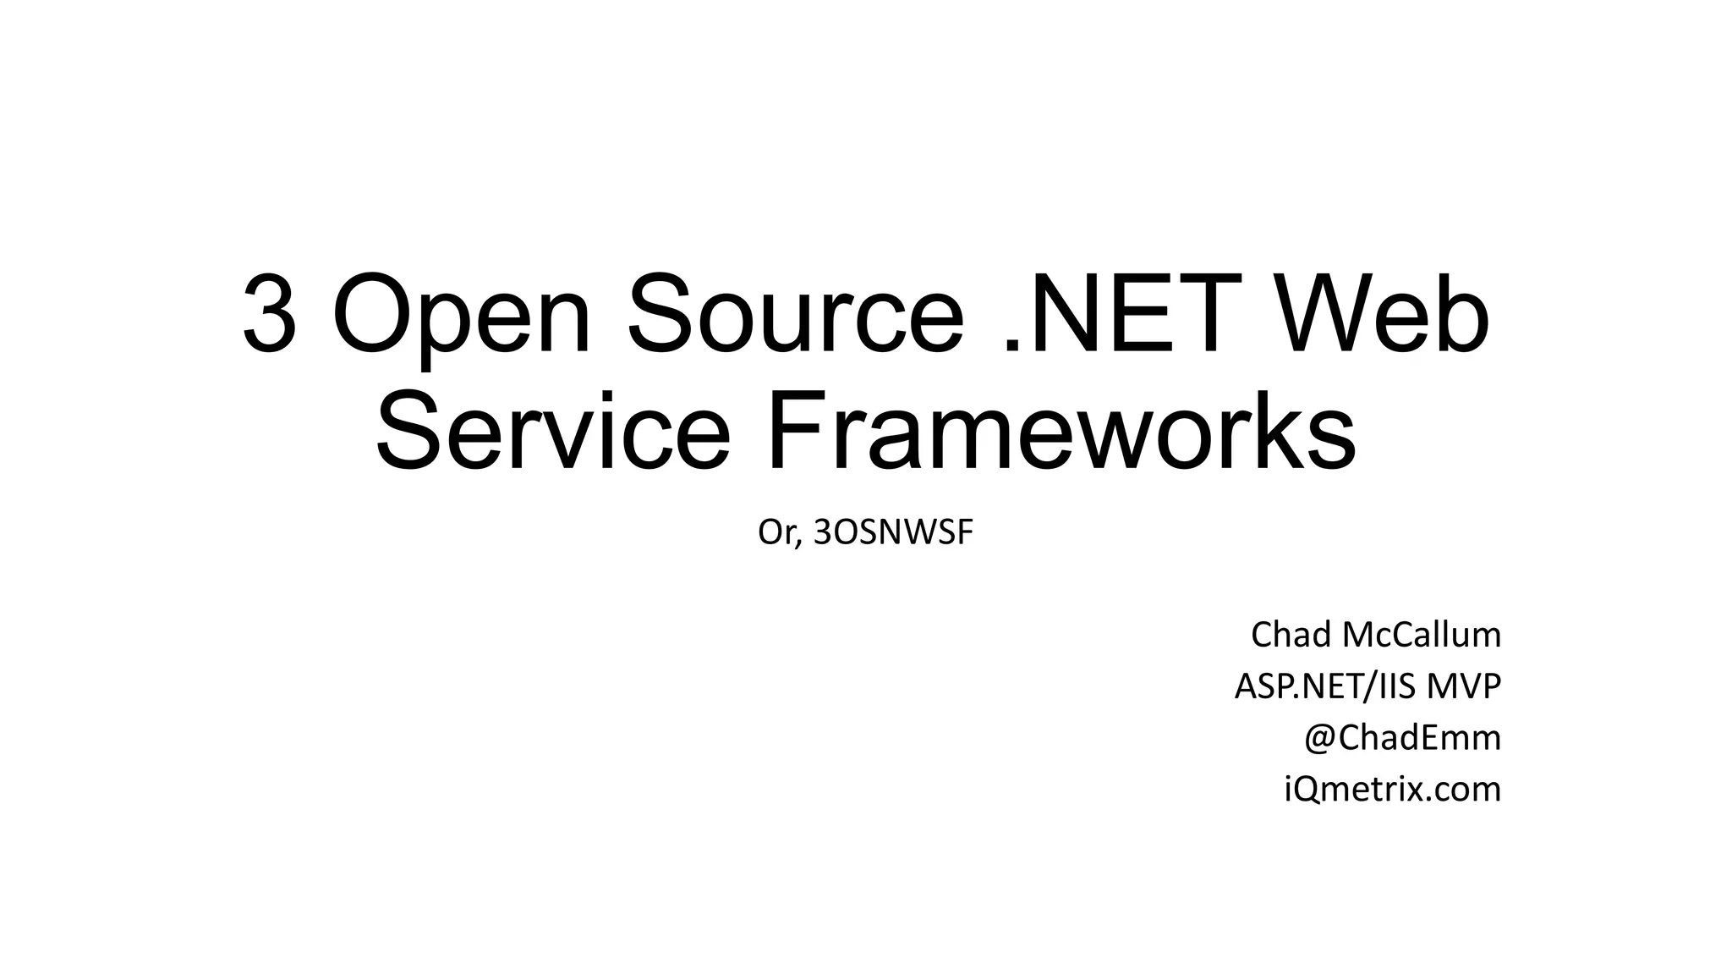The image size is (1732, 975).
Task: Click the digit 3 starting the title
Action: [x=270, y=315]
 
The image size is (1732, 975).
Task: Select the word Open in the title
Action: [x=462, y=315]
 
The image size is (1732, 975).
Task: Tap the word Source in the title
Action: [x=795, y=315]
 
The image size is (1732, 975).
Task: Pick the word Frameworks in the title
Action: [x=1061, y=432]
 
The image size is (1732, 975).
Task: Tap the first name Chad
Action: [x=1291, y=635]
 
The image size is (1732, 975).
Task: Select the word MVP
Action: [x=1464, y=686]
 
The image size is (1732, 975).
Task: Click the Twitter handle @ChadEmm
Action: [x=1402, y=738]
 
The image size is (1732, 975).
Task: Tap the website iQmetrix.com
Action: [x=1392, y=790]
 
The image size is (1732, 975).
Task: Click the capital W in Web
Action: [x=1319, y=315]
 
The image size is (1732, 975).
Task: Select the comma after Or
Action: [x=799, y=543]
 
